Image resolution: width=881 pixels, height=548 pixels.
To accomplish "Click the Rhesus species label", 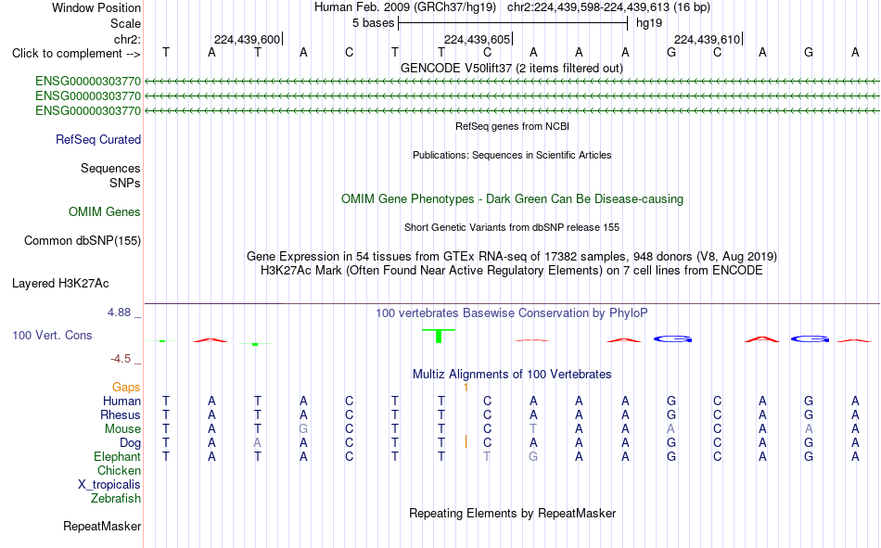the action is pos(121,414).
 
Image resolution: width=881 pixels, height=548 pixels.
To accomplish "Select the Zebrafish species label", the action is pos(116,499).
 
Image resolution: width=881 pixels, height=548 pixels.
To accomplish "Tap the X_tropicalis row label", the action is pos(109,485).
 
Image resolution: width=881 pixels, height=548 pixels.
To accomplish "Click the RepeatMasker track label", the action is pos(102,526).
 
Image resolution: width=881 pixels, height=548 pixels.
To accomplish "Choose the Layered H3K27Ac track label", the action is pos(60,284).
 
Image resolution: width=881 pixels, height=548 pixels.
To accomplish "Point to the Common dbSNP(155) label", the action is pos(82,240).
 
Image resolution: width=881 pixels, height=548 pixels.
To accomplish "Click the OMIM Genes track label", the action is pos(105,212).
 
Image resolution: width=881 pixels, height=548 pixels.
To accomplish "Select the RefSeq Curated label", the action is pos(98,139).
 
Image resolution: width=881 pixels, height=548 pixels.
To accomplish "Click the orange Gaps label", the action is pos(126,387).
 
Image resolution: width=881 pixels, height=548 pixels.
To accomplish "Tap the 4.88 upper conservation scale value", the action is pos(119,312).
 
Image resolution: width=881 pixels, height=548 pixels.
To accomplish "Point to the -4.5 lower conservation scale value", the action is pos(121,359).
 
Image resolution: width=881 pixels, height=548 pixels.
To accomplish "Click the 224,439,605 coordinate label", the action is pos(477,39).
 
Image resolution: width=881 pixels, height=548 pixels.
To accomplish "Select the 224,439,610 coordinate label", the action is pos(707,39).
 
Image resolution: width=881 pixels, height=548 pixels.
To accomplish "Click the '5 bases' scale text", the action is pos(373,23).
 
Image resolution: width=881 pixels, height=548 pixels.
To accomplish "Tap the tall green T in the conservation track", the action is pos(439,336).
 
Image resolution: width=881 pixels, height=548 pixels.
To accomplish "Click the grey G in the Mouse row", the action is pos(303,428).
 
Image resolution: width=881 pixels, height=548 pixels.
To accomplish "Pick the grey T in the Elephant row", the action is pos(487,456).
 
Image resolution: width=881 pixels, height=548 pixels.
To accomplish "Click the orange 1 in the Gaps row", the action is pos(466,388).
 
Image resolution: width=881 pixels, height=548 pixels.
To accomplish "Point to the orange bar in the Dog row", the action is pos(466,441).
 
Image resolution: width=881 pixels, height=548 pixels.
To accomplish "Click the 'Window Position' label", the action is pos(96,7).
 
